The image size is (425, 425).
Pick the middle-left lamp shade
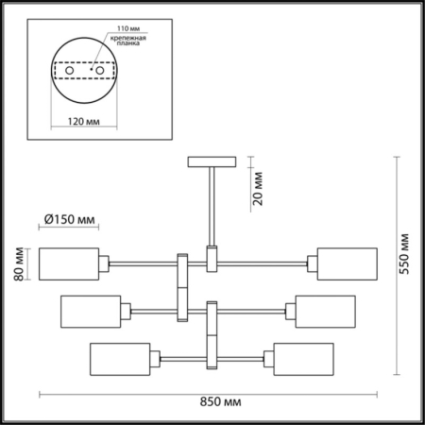(x=91, y=311)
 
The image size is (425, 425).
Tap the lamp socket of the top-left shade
(x=107, y=263)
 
